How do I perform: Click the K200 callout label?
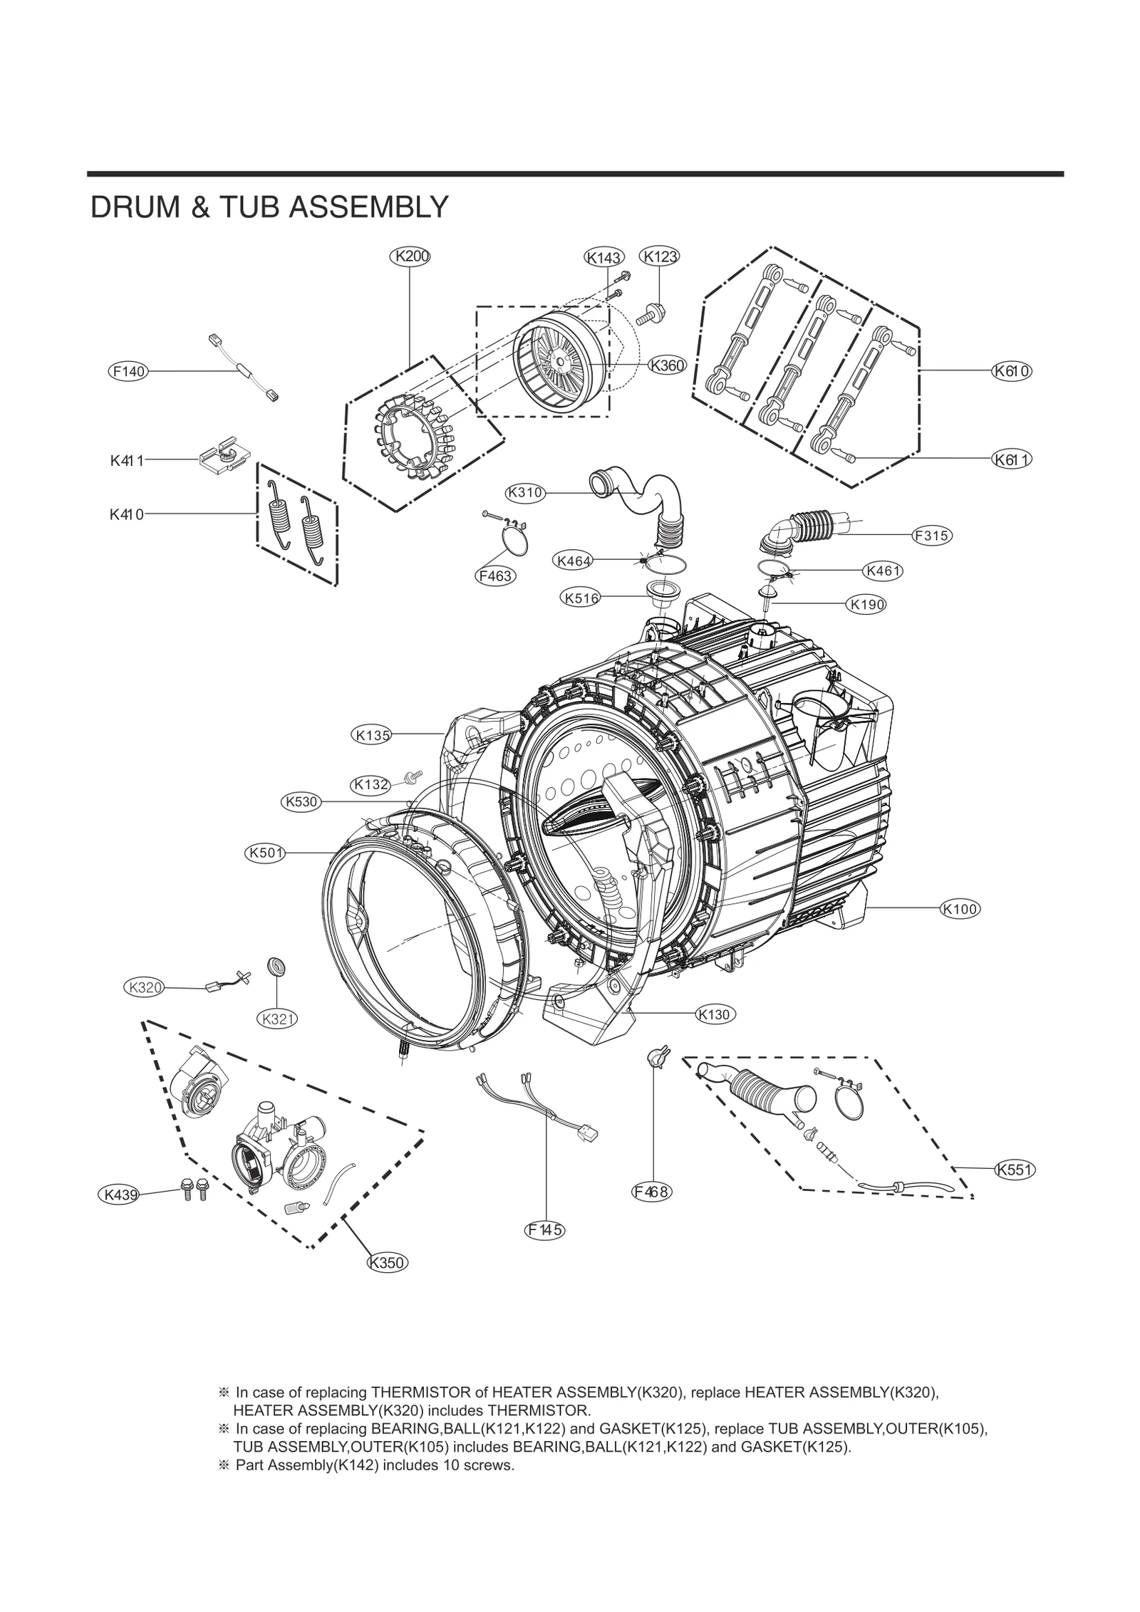point(410,256)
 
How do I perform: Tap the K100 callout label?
point(959,908)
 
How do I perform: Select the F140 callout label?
point(128,371)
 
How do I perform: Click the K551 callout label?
point(1015,1169)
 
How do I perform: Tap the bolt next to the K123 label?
point(650,312)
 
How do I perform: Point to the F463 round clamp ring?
point(514,538)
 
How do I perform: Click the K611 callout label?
point(1012,459)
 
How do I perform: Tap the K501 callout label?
point(265,853)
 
